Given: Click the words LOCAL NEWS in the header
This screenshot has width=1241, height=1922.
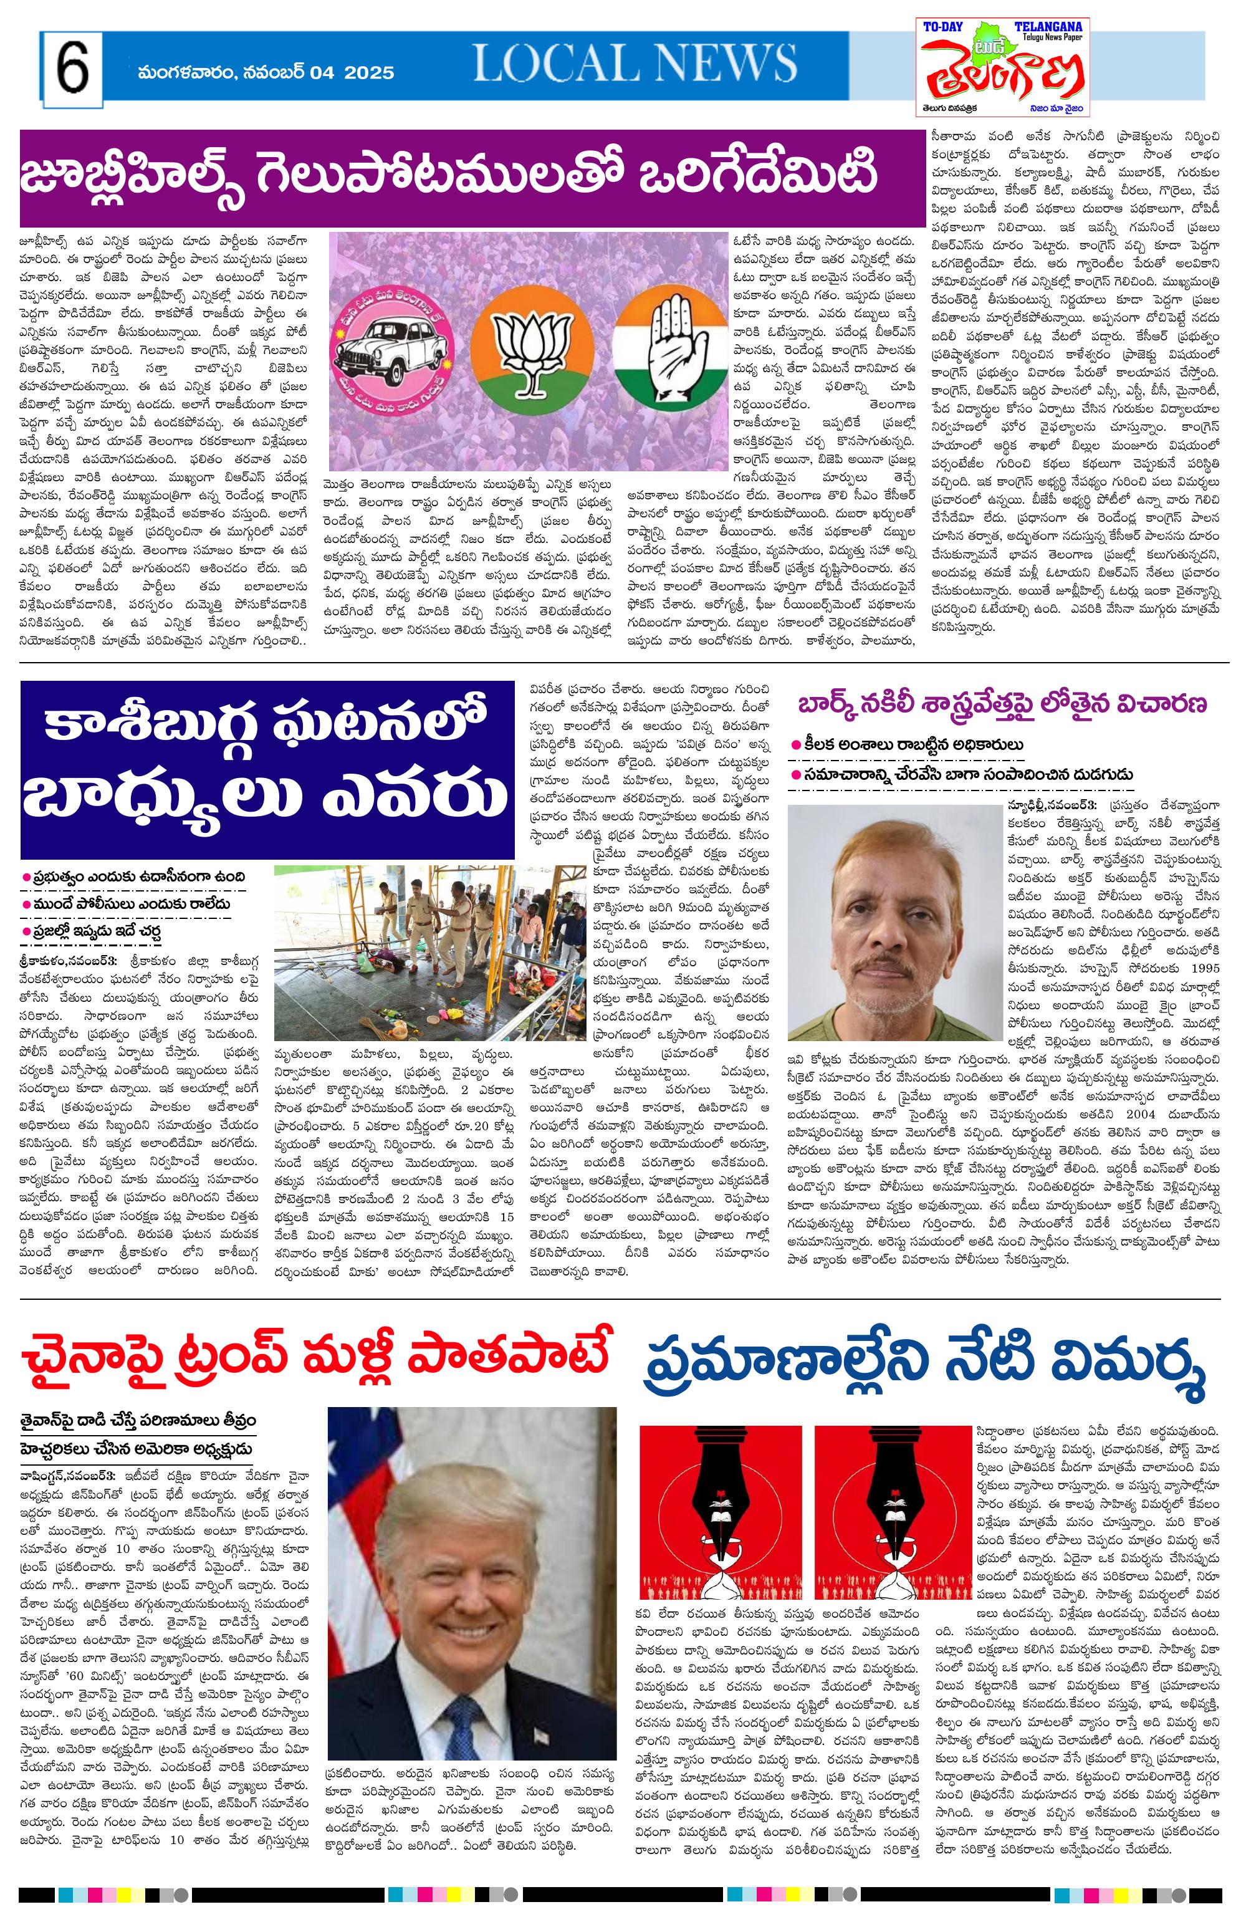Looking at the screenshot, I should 634,64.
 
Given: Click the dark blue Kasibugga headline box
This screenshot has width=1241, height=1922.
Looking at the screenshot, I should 267,769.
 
